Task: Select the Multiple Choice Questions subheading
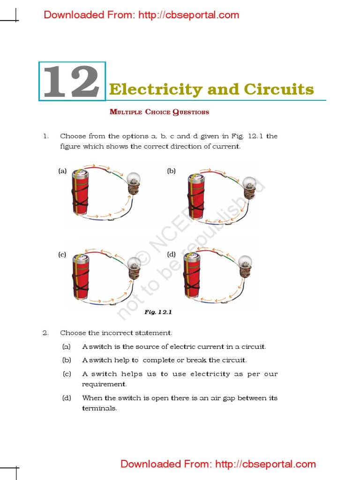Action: click(159, 112)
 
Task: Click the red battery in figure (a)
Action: click(80, 193)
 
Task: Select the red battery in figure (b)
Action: click(195, 197)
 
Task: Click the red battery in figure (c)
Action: click(80, 277)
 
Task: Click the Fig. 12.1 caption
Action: click(155, 312)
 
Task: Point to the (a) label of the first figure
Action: click(62, 172)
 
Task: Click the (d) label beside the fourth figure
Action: click(171, 255)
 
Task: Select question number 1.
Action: click(45, 136)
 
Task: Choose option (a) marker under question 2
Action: click(67, 347)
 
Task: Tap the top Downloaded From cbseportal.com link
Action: click(141, 15)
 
